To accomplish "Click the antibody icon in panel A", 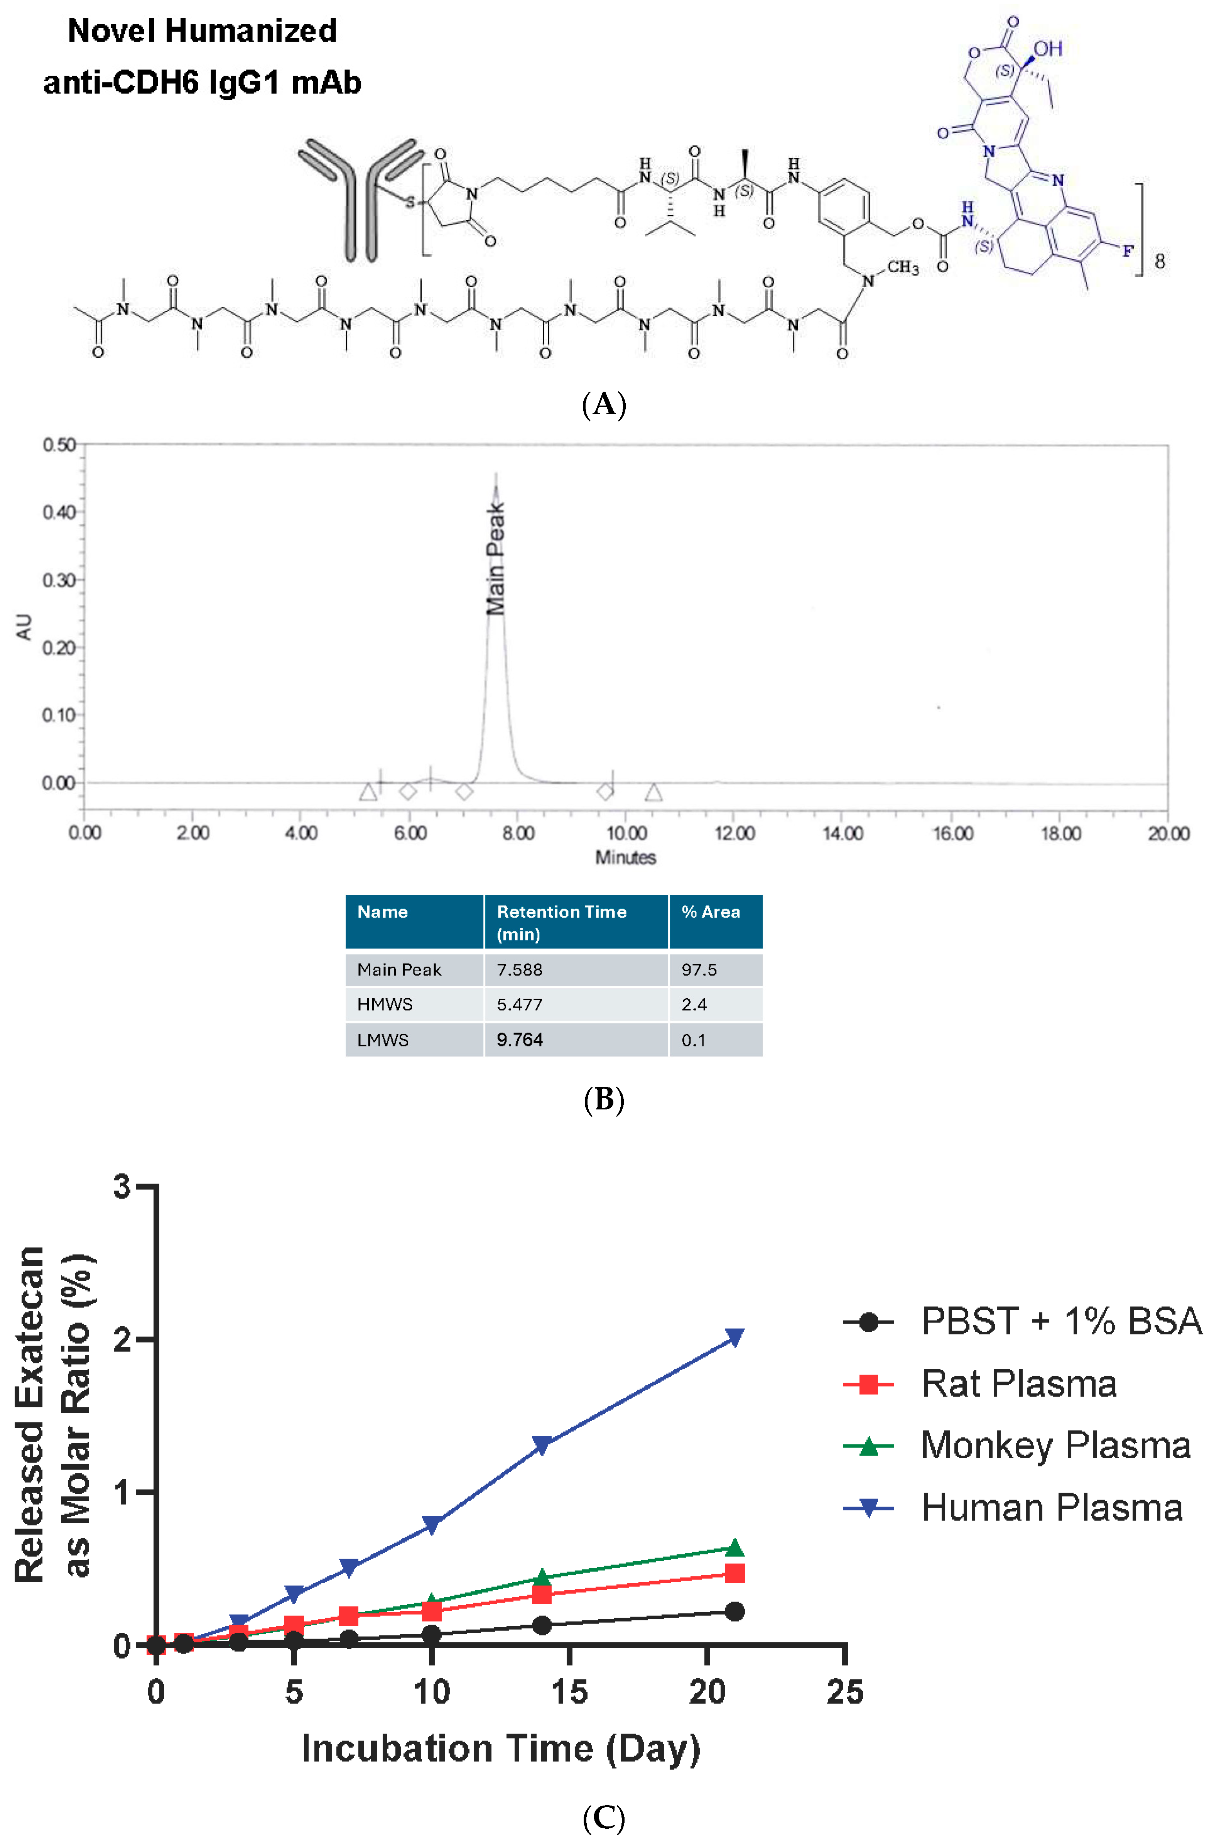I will [x=360, y=198].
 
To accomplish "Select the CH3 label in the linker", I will [x=903, y=268].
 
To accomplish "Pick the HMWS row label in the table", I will [x=385, y=1004].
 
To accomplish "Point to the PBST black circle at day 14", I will [x=542, y=1625].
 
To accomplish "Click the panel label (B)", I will [x=603, y=1100].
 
